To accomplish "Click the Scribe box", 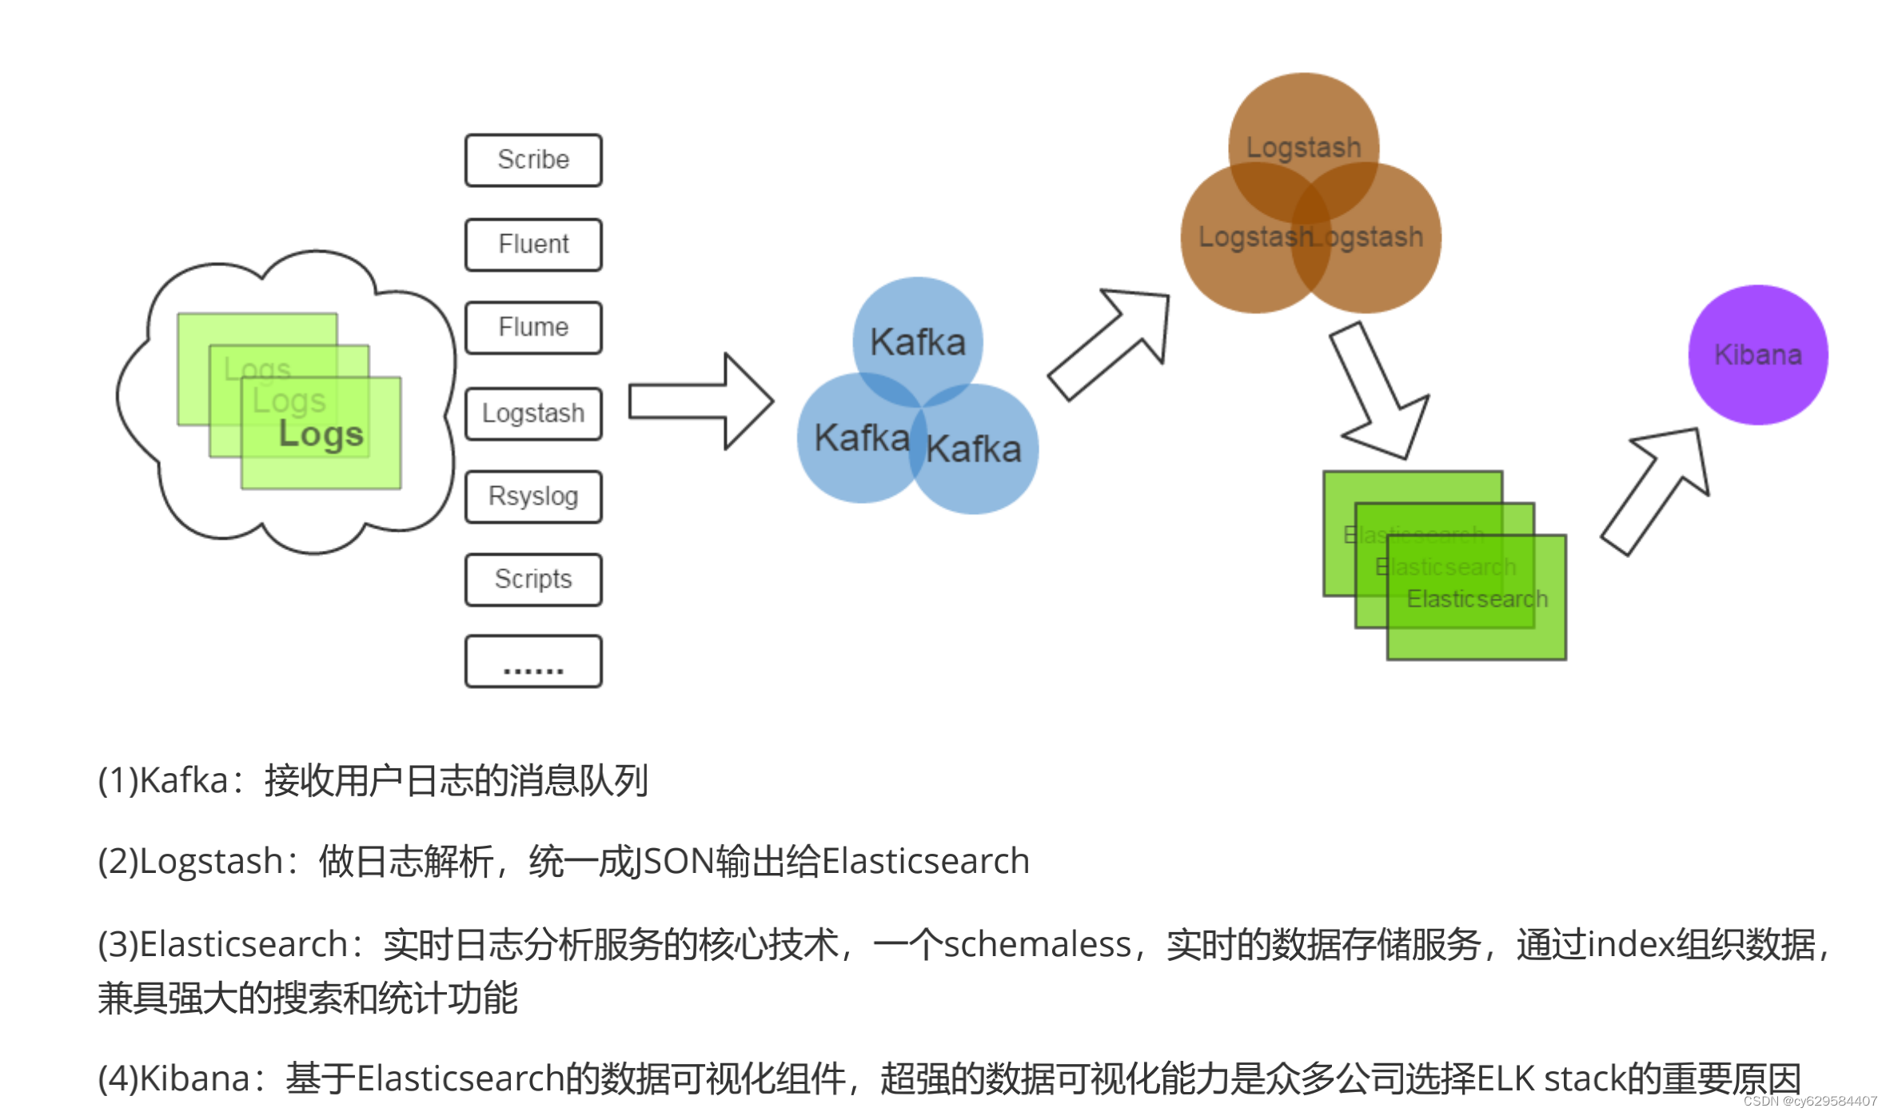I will coord(533,160).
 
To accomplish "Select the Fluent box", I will coord(533,245).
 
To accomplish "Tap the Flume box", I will coord(533,328).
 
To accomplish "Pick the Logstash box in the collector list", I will coord(533,413).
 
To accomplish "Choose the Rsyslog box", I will coord(533,496).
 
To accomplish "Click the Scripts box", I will coord(533,580).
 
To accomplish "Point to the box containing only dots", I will coord(533,662).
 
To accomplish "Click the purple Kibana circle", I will coord(1757,354).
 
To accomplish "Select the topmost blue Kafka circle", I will coord(917,336).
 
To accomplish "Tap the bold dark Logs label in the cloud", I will coord(321,434).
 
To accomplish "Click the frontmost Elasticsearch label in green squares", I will coord(1477,599).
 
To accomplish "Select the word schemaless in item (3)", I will coord(1037,945).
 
